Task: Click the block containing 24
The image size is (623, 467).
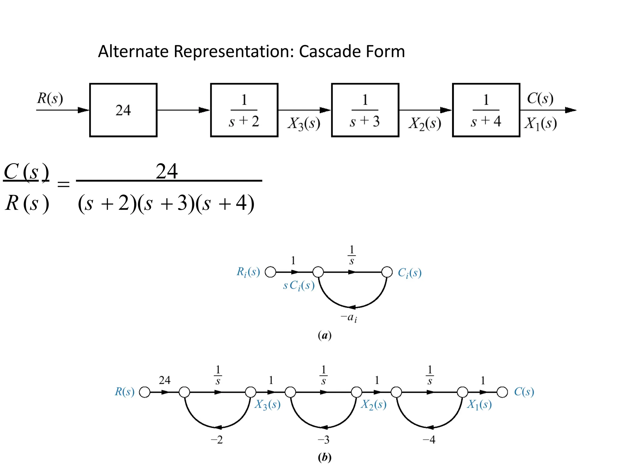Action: [x=123, y=110]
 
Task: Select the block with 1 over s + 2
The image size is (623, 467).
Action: [x=244, y=110]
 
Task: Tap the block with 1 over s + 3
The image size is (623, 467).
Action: [x=365, y=110]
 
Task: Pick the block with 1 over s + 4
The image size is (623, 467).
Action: [x=486, y=110]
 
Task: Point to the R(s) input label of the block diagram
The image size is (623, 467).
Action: [x=50, y=98]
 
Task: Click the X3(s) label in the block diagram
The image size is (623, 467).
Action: [x=304, y=124]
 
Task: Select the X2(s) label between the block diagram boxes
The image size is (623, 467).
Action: [x=425, y=124]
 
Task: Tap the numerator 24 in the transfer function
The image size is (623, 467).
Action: [x=166, y=171]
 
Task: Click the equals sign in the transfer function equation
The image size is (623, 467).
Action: [x=64, y=184]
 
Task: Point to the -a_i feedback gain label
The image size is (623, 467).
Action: [x=349, y=317]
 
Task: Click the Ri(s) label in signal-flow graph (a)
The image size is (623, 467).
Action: [x=248, y=272]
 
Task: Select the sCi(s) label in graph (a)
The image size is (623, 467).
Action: [x=299, y=285]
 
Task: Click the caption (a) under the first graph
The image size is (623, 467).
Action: [x=324, y=336]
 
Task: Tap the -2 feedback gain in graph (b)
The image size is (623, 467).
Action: [x=217, y=440]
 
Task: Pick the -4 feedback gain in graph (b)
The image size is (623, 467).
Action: [x=429, y=440]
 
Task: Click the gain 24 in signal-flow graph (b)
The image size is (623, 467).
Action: [x=165, y=380]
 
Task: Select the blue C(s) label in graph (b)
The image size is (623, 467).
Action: [x=524, y=392]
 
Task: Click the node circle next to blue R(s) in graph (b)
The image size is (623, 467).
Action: [x=144, y=392]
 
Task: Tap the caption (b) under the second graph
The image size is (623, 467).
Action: [x=324, y=457]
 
